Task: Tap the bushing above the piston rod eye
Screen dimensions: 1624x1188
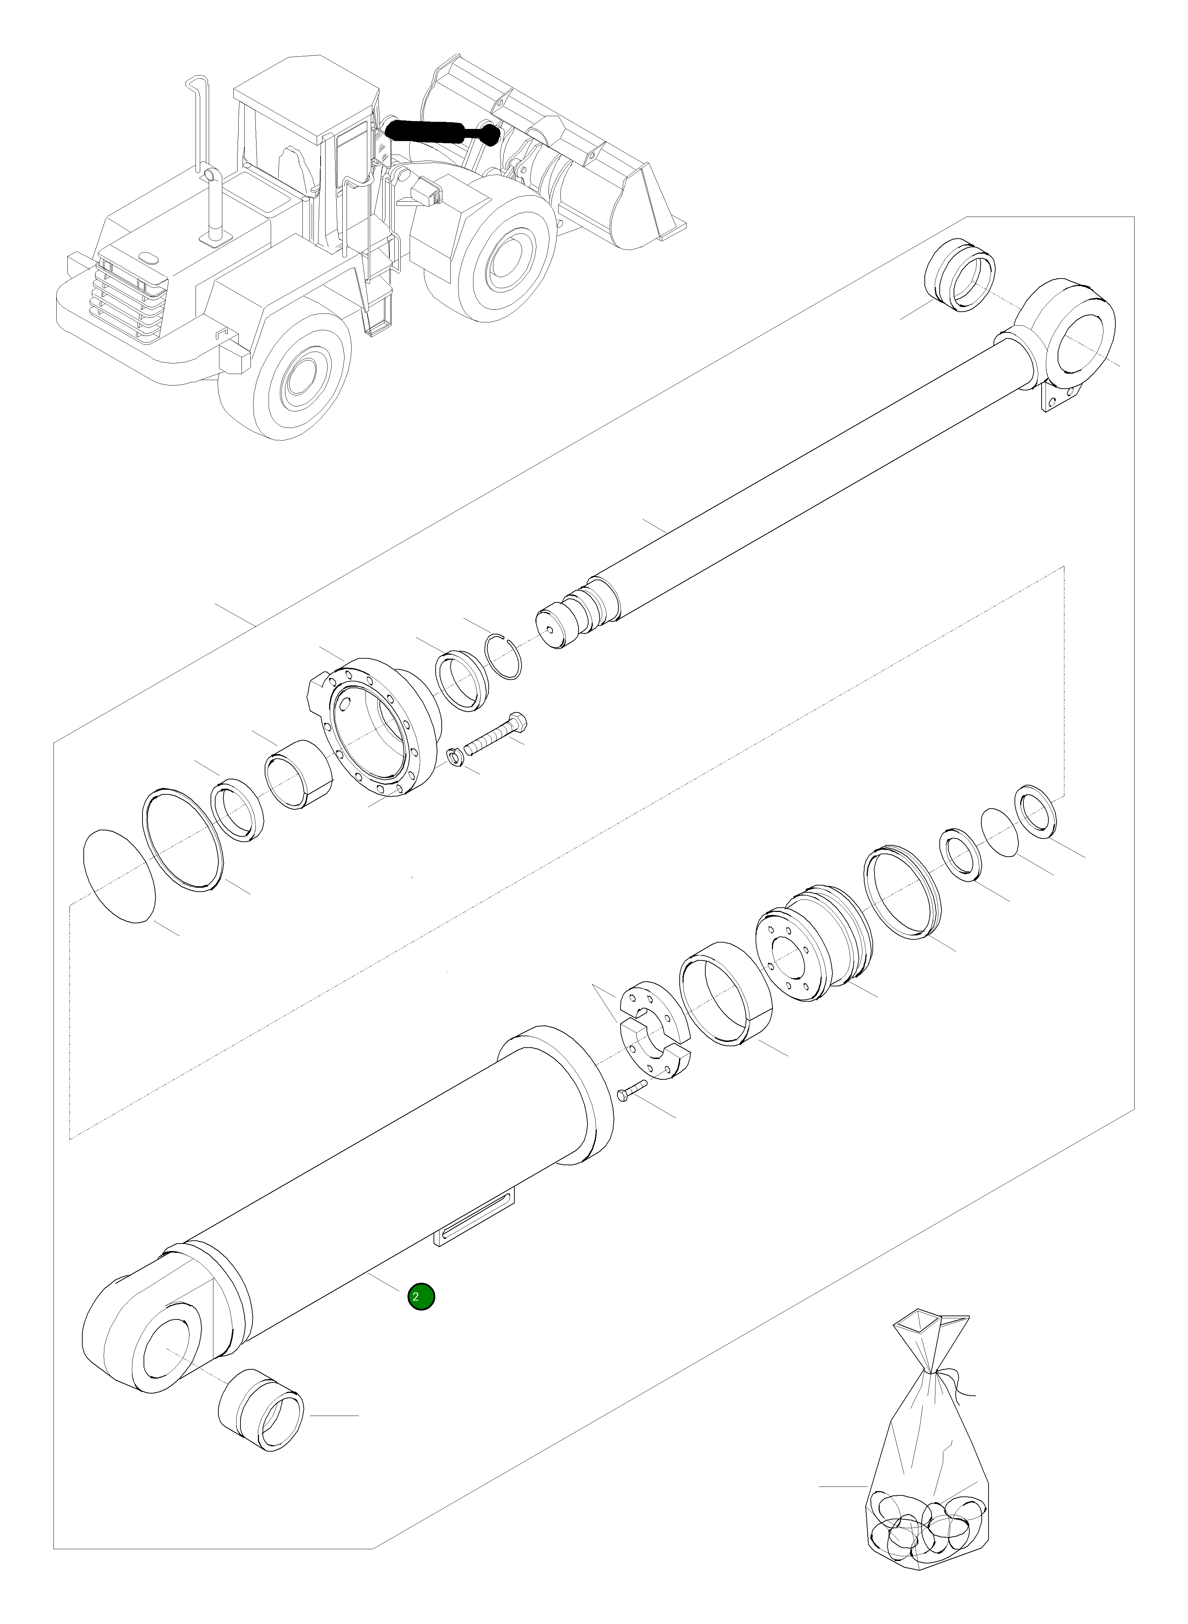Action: tap(959, 274)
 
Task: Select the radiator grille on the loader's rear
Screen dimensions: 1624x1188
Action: tap(129, 299)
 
